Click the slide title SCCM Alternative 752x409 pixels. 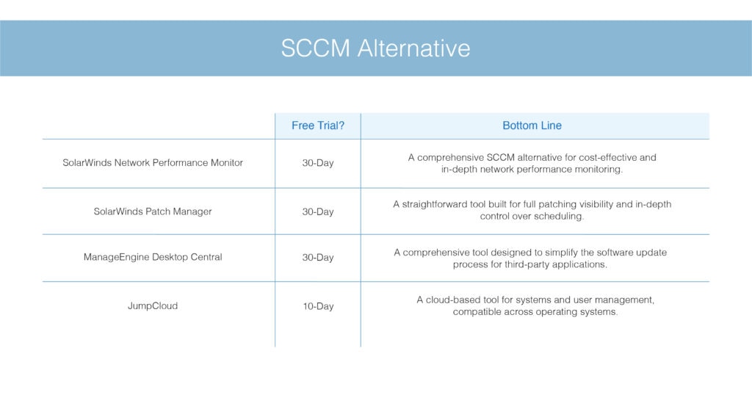click(x=375, y=48)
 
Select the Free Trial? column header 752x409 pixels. click(x=318, y=126)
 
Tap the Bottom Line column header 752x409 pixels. click(x=532, y=126)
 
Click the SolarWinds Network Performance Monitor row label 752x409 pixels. click(x=153, y=162)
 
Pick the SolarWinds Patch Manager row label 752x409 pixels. click(x=153, y=211)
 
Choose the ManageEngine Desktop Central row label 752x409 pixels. click(x=153, y=257)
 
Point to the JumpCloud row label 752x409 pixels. click(x=153, y=306)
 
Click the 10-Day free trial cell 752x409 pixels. click(x=318, y=306)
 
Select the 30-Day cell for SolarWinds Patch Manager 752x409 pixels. click(x=318, y=211)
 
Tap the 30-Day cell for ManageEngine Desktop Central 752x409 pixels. click(x=318, y=258)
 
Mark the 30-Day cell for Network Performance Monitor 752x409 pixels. click(x=318, y=163)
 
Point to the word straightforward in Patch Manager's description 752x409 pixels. click(x=435, y=204)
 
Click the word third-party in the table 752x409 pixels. click(x=526, y=264)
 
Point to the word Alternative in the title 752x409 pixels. click(x=414, y=48)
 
